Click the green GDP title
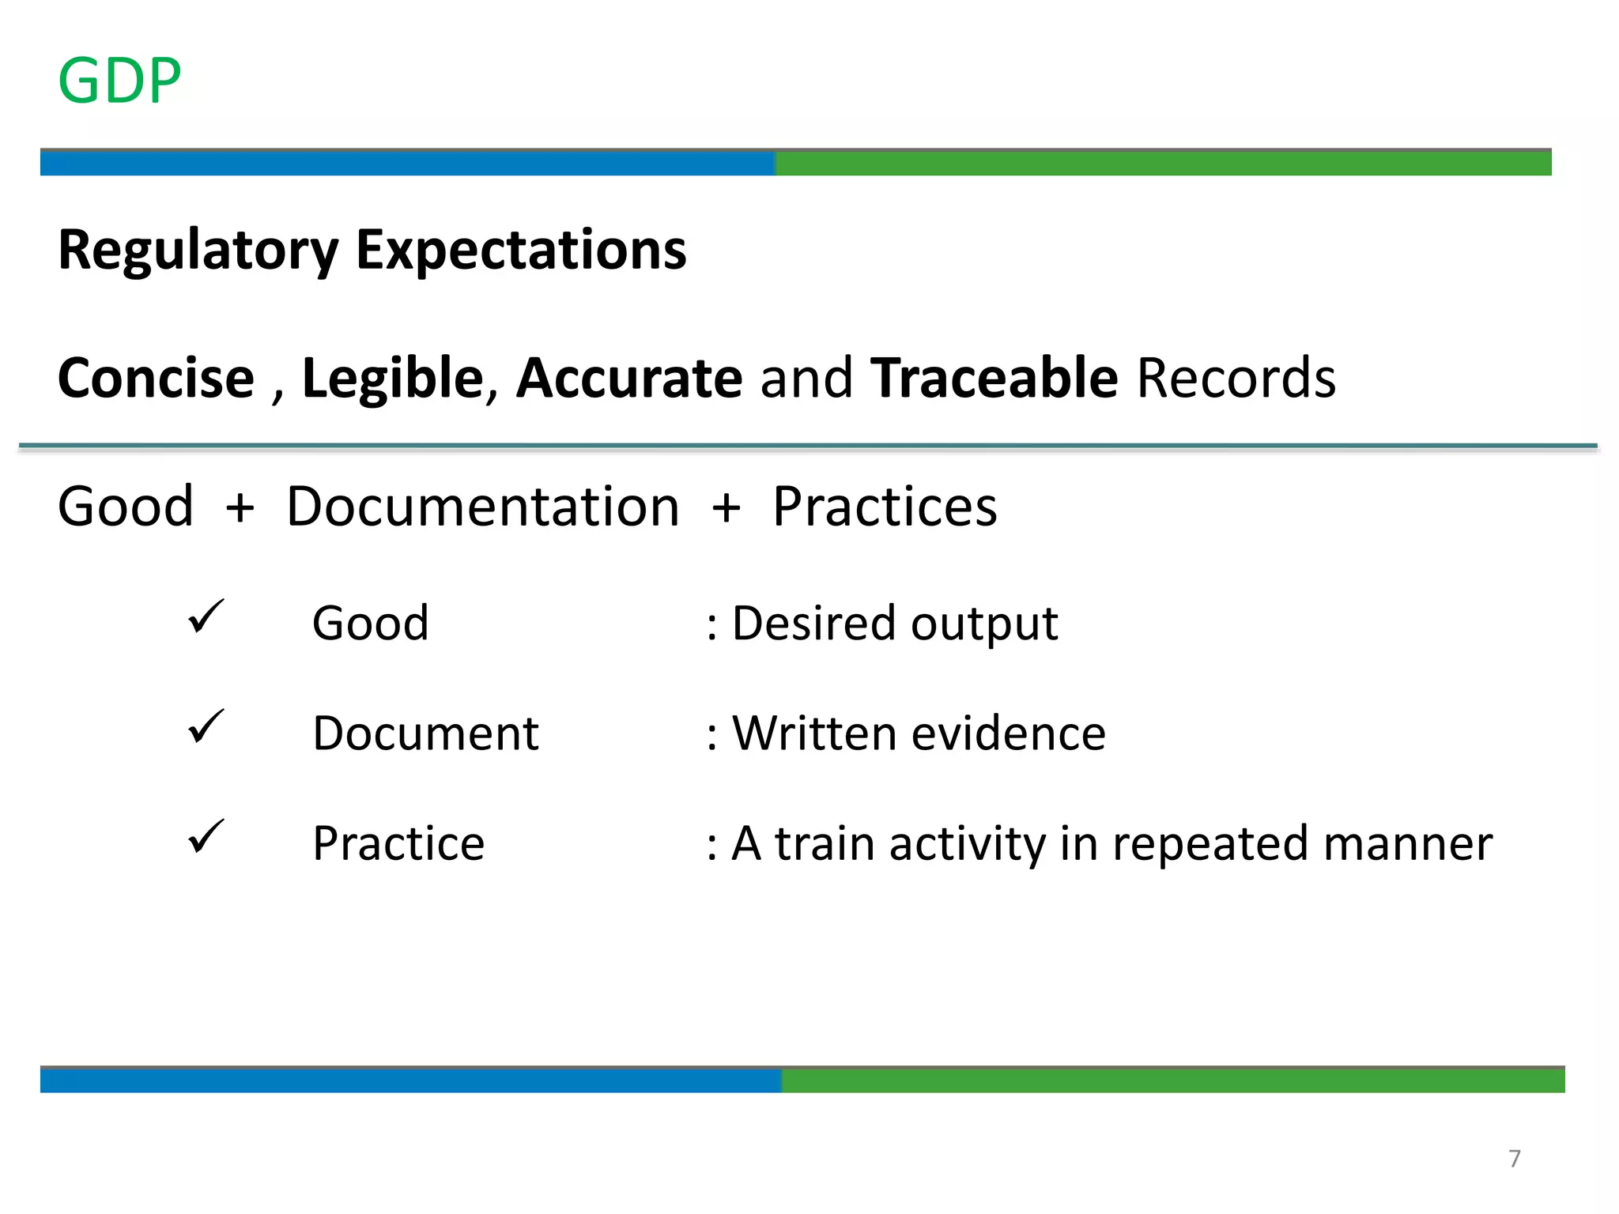120,81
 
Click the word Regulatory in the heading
198,251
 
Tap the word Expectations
521,251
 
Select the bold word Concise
157,378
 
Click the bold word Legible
393,378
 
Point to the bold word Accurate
629,378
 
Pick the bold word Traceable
994,378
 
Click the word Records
1236,378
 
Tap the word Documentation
482,507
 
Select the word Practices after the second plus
885,507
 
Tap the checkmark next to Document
206,727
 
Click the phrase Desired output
894,624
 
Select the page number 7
1514,1159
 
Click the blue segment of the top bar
407,163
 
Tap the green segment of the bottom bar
1172,1080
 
